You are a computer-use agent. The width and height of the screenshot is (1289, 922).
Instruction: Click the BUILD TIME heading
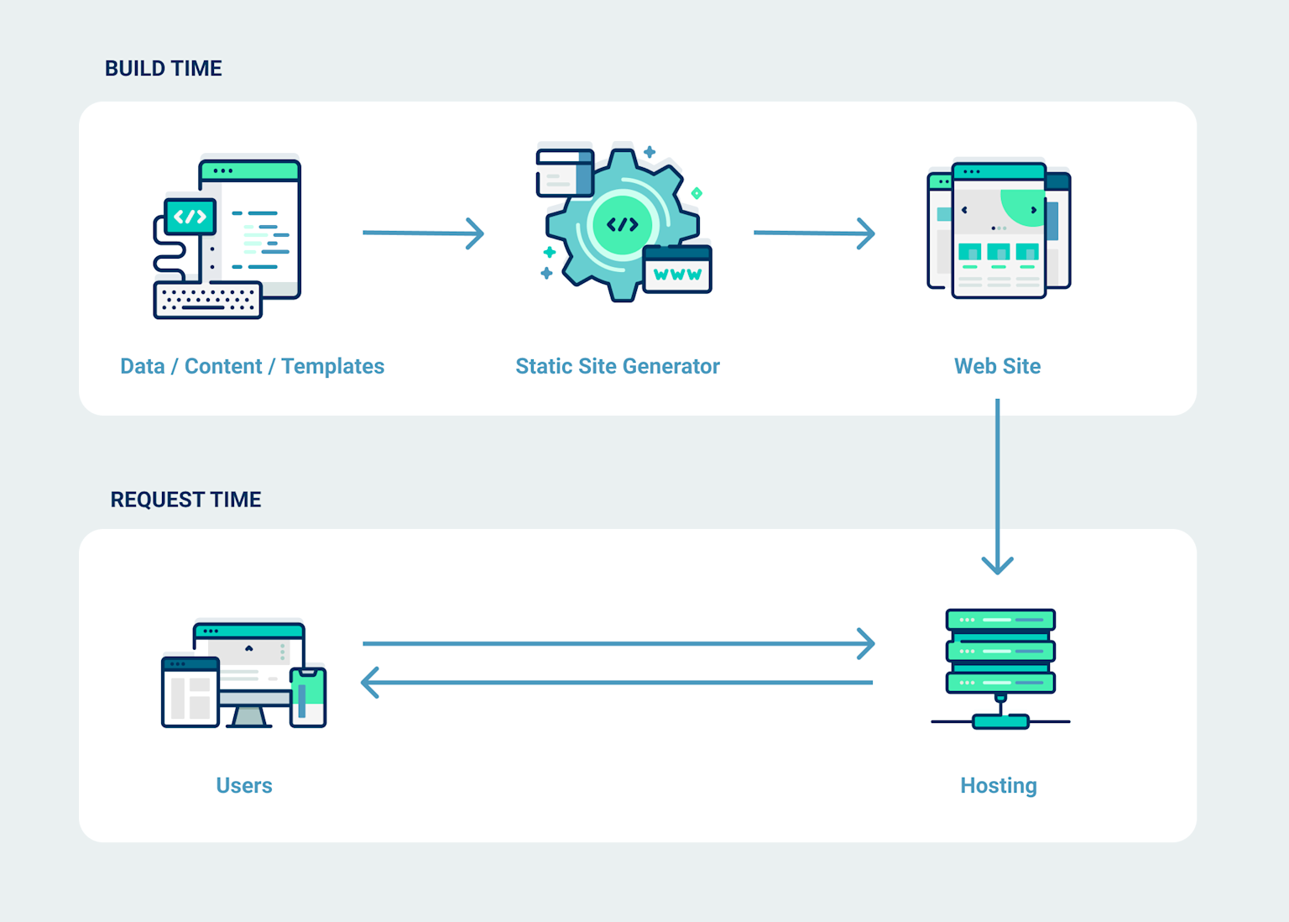pyautogui.click(x=163, y=69)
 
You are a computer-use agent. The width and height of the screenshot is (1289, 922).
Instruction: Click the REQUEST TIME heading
pyautogui.click(x=185, y=500)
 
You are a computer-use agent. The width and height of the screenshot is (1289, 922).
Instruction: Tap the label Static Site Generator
pyautogui.click(x=617, y=366)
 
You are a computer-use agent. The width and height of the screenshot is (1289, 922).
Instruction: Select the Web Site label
pyautogui.click(x=997, y=366)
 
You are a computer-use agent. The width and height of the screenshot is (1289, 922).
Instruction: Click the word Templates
pyautogui.click(x=332, y=366)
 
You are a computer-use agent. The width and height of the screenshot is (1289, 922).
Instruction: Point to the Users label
pyautogui.click(x=244, y=785)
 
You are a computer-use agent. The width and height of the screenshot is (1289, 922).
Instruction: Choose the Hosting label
pyautogui.click(x=998, y=785)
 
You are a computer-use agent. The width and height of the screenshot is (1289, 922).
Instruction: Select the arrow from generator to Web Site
pyautogui.click(x=813, y=233)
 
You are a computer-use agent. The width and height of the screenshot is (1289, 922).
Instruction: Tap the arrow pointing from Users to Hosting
pyautogui.click(x=617, y=644)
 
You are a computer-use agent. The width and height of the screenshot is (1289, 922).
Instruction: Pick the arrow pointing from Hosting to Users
pyautogui.click(x=617, y=683)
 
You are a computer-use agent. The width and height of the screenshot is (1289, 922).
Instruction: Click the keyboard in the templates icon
pyautogui.click(x=207, y=300)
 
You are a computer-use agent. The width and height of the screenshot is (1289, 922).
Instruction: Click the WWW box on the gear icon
pyautogui.click(x=677, y=271)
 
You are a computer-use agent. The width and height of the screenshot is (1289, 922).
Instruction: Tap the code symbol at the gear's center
pyautogui.click(x=622, y=224)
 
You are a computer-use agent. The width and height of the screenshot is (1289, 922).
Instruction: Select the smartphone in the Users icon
pyautogui.click(x=308, y=697)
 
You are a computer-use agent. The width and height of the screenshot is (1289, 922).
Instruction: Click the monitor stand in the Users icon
pyautogui.click(x=248, y=716)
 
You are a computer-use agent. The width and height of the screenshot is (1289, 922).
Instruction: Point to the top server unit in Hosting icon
pyautogui.click(x=1000, y=620)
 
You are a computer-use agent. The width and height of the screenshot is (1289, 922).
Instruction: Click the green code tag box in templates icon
pyautogui.click(x=190, y=217)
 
